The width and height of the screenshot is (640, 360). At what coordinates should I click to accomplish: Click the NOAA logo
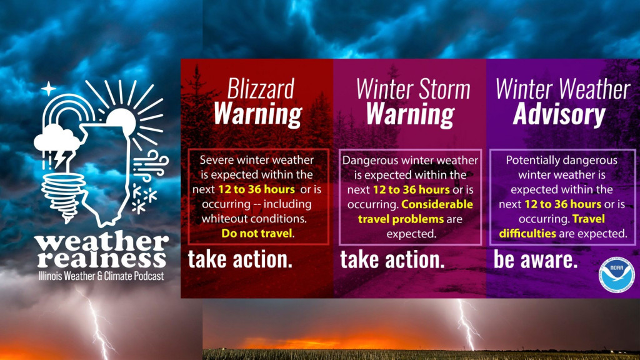point(617,275)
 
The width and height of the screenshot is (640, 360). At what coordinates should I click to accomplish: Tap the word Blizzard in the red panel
point(261,89)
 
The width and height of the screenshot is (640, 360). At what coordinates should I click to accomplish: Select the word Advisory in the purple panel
point(559,114)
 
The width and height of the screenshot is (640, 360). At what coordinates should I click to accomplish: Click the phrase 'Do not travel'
point(257,234)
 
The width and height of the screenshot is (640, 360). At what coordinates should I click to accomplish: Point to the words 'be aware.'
point(536,259)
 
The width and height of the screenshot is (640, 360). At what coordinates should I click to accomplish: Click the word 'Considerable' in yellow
point(437,204)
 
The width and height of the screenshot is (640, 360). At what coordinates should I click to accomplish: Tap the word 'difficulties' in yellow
point(527,234)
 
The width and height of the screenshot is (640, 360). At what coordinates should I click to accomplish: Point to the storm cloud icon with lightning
point(57,146)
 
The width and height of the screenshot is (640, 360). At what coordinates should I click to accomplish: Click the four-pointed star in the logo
point(48,89)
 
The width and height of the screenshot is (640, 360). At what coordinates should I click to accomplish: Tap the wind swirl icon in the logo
point(150,164)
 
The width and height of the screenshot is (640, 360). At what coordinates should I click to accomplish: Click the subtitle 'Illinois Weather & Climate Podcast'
point(101,276)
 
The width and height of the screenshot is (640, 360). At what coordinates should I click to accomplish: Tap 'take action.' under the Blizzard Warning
point(240,259)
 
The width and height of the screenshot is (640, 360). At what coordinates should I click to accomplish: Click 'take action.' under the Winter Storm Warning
point(392,259)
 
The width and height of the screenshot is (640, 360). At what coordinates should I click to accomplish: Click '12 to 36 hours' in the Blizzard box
point(256,189)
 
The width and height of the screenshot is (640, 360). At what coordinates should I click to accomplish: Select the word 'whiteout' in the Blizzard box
point(222,219)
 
